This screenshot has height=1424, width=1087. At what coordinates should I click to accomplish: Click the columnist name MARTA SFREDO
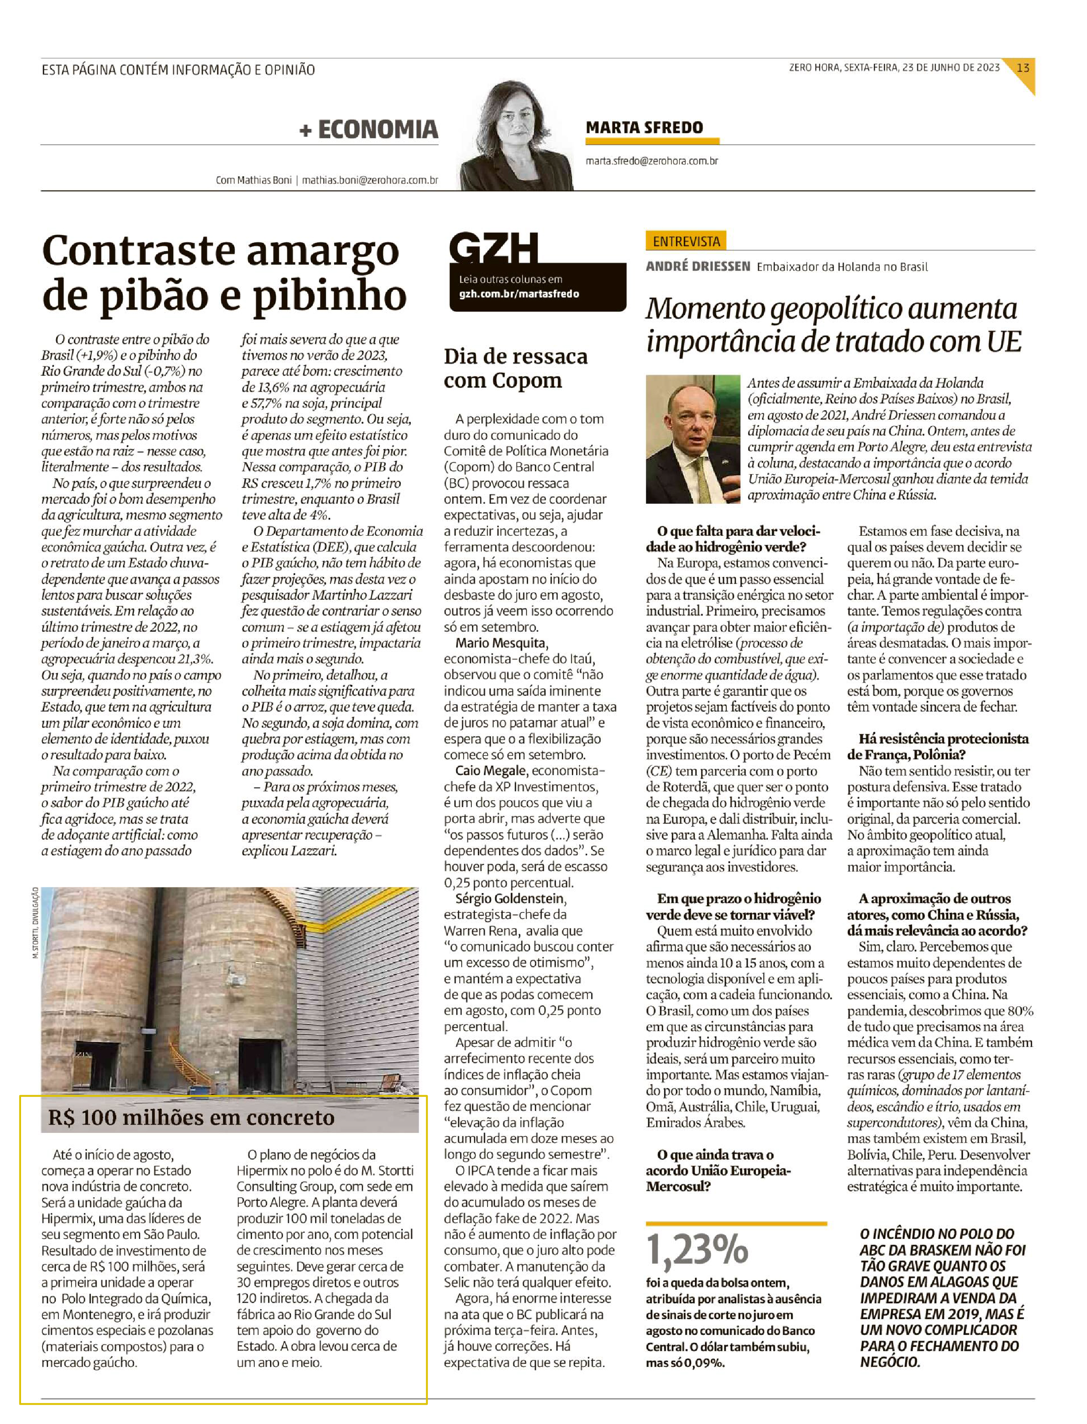pos(644,128)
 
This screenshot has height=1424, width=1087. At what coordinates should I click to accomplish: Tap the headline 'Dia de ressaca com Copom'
pos(516,368)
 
